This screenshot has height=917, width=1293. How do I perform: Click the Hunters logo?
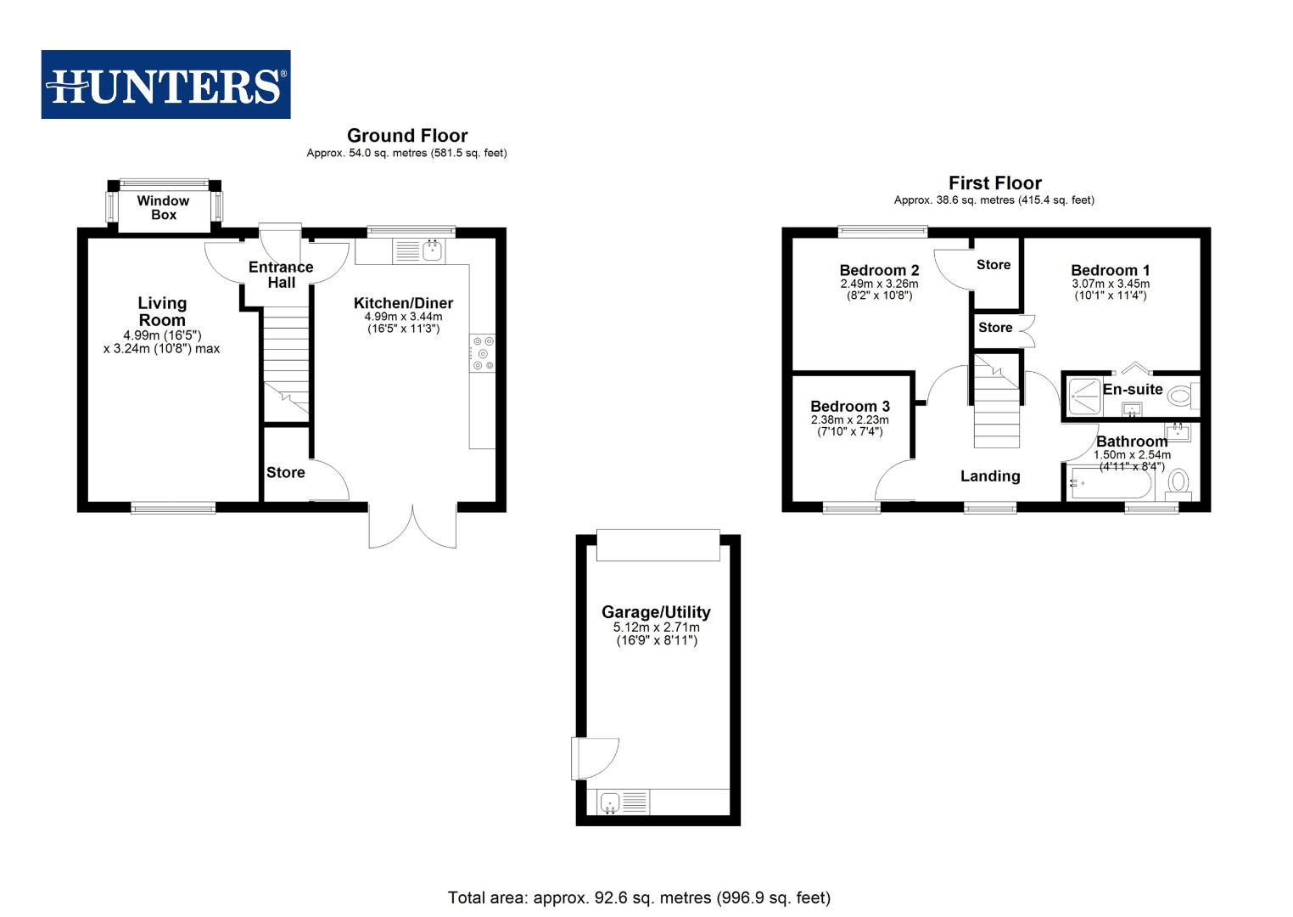point(165,85)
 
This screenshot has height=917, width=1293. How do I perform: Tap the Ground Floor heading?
point(407,136)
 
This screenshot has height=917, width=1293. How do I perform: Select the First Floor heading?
point(994,183)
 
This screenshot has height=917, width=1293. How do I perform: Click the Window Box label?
point(163,208)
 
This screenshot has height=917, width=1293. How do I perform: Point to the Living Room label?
point(162,312)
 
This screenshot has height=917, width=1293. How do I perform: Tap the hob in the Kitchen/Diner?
point(483,353)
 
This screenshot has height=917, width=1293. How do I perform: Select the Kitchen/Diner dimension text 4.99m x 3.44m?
point(403,317)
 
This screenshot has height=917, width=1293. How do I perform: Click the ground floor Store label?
point(285,473)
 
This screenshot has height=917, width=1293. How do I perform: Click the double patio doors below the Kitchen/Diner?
point(413,526)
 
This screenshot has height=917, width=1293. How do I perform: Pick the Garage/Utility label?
point(656,612)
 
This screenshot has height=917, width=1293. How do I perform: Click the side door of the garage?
point(594,758)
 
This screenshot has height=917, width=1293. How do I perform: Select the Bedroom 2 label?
point(879,271)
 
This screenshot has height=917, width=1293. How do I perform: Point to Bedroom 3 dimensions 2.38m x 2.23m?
point(849,419)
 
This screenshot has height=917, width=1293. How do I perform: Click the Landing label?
point(989,476)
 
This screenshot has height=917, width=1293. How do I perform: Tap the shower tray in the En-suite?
point(1083,395)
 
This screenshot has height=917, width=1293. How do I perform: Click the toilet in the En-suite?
point(1181,395)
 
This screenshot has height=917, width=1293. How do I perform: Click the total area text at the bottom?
point(639,897)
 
